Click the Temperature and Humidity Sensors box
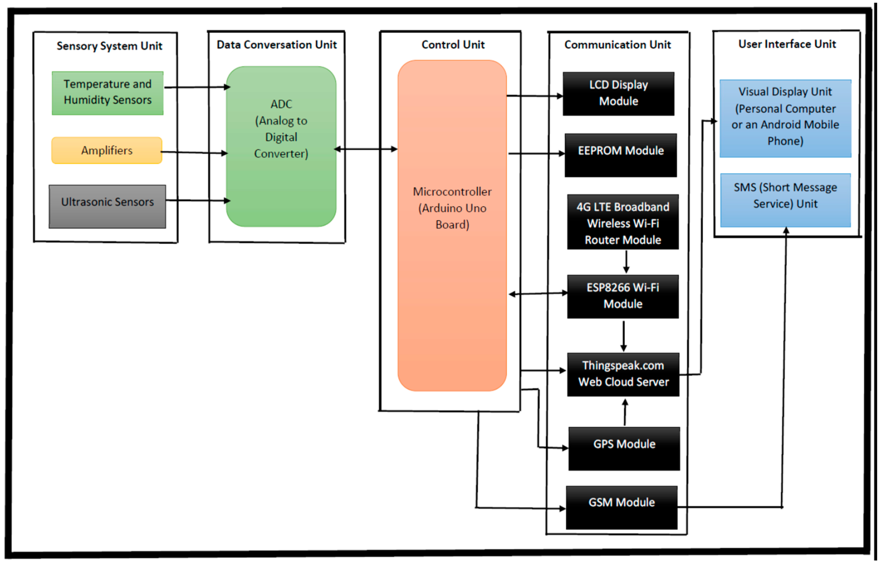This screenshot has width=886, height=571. click(107, 93)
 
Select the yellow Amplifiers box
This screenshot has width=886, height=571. click(107, 150)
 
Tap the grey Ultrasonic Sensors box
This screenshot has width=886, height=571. click(107, 207)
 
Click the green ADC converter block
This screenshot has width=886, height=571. click(281, 147)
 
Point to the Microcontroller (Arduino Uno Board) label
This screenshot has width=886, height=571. click(452, 208)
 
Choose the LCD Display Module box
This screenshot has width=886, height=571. click(618, 94)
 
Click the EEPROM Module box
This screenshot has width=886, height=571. click(621, 155)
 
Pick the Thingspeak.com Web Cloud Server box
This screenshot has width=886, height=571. click(623, 375)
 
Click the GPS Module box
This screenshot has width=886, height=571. click(624, 449)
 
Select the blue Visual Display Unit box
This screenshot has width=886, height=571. click(785, 118)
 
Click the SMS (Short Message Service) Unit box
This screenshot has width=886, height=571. click(785, 200)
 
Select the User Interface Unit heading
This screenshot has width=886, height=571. click(787, 44)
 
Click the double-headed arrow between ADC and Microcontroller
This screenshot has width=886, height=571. click(366, 149)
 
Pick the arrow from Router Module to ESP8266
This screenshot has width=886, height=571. click(626, 262)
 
